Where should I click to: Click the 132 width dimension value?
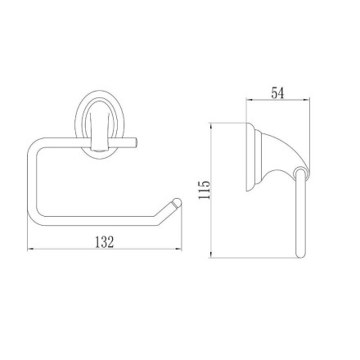(104, 242)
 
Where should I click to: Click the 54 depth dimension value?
(277, 93)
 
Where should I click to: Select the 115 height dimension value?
(205, 190)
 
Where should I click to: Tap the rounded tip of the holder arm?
(178, 202)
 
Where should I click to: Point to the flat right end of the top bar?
(136, 143)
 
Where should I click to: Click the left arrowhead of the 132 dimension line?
(30, 249)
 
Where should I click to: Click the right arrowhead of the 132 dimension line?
(178, 249)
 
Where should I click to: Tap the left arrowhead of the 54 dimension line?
(250, 101)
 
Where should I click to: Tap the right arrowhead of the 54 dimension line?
(307, 101)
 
